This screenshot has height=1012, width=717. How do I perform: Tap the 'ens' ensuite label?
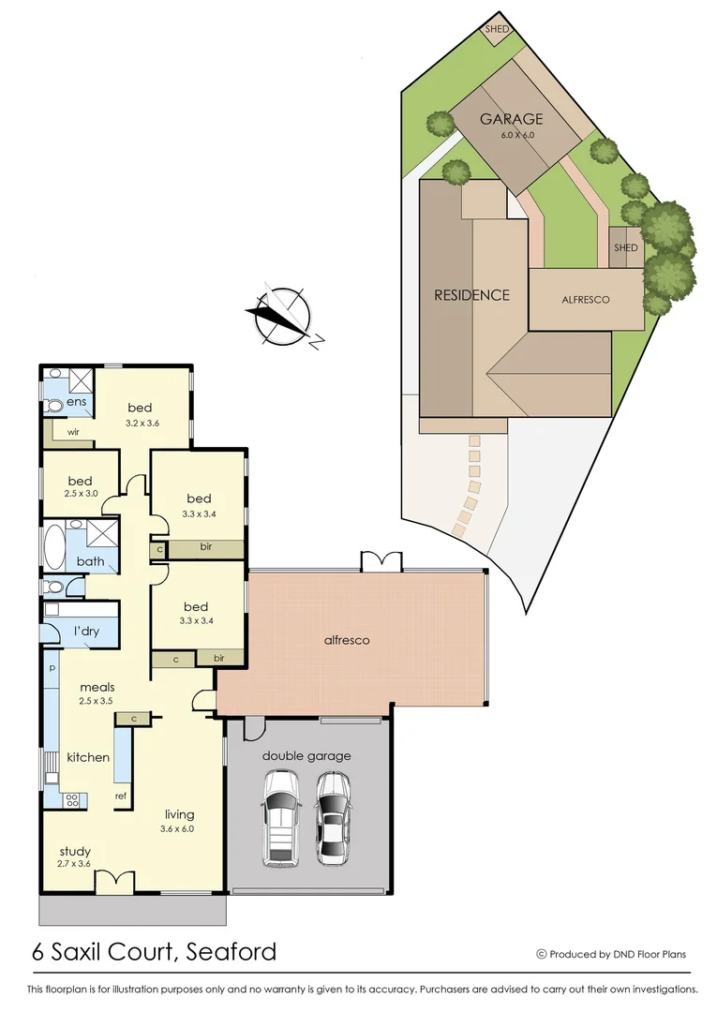tap(76, 401)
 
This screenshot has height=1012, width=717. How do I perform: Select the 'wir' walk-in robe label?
tap(72, 432)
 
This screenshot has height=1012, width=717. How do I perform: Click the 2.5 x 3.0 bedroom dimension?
tap(80, 493)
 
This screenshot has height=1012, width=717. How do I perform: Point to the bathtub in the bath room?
tap(53, 546)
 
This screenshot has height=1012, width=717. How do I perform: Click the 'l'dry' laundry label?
tap(86, 632)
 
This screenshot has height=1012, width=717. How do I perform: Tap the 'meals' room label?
tap(97, 687)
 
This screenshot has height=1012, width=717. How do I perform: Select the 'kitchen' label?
tap(88, 757)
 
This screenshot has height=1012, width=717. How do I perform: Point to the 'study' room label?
tap(75, 852)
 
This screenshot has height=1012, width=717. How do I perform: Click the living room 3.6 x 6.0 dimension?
tap(179, 828)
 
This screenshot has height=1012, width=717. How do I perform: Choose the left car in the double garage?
tap(280, 816)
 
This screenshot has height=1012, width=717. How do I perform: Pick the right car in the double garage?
tap(332, 816)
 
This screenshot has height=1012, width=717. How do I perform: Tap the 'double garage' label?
tap(306, 755)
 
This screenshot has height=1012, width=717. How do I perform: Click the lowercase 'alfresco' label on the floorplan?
tap(347, 640)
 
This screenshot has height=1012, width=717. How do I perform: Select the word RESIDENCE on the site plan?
tap(471, 294)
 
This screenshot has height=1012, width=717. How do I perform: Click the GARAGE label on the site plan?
tap(511, 119)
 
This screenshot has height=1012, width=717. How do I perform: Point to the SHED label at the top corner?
tap(497, 29)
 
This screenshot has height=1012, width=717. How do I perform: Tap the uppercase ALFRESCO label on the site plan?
tap(586, 300)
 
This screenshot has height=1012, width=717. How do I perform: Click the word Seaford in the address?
tap(232, 953)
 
